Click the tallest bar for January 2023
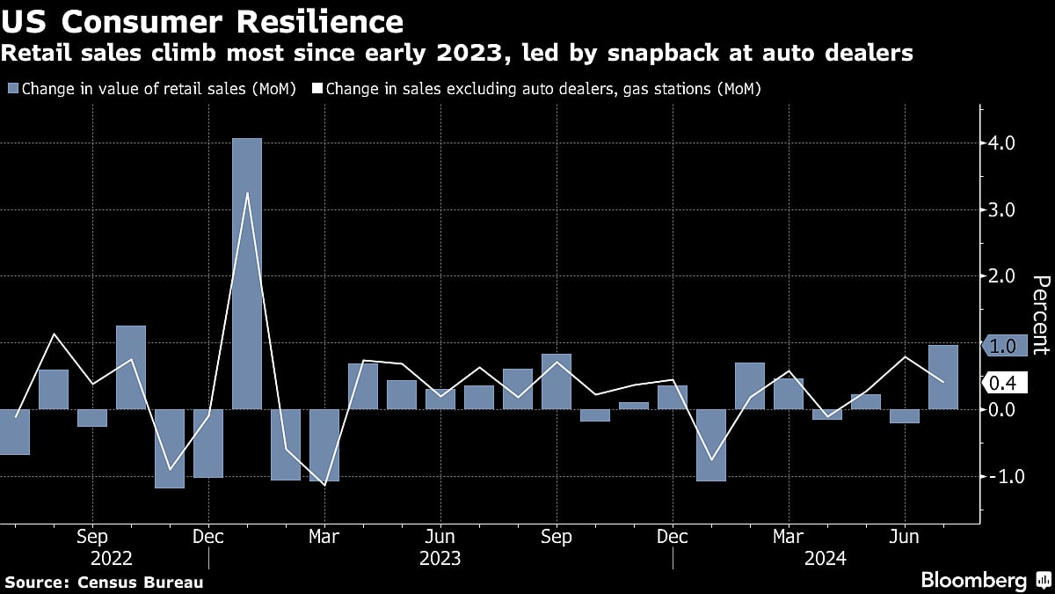247,273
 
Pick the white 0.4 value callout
1003,383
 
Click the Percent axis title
1040,326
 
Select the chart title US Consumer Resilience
203,21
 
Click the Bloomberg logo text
973,580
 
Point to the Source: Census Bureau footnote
104,582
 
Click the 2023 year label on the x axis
440,558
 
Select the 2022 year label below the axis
112,558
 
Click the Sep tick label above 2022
92,537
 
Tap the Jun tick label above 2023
440,537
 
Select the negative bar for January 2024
711,444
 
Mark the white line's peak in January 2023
247,193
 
